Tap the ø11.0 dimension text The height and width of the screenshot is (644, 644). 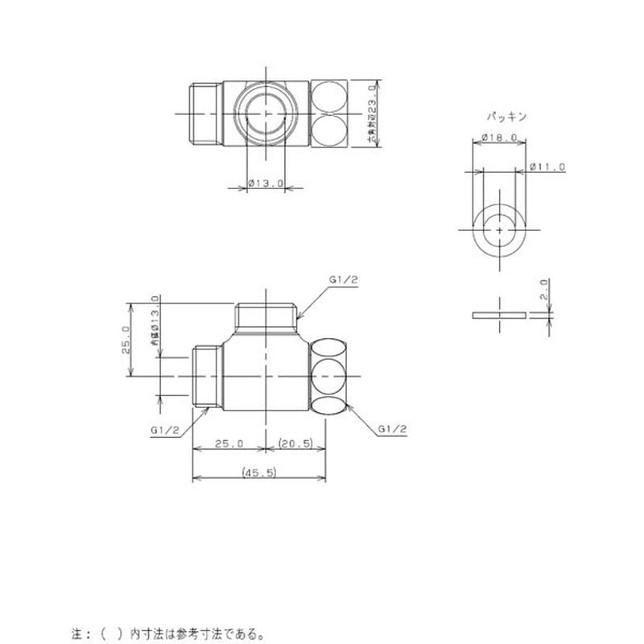point(549,167)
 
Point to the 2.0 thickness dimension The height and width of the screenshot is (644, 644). point(544,289)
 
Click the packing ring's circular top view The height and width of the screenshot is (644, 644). point(500,229)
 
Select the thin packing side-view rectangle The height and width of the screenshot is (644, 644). point(499,315)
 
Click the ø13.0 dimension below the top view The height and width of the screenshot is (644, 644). point(266,184)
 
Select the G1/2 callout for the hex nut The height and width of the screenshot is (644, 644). point(391,430)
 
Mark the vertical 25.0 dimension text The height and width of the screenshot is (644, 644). point(126,339)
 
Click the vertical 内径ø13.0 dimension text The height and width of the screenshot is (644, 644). point(155,330)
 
